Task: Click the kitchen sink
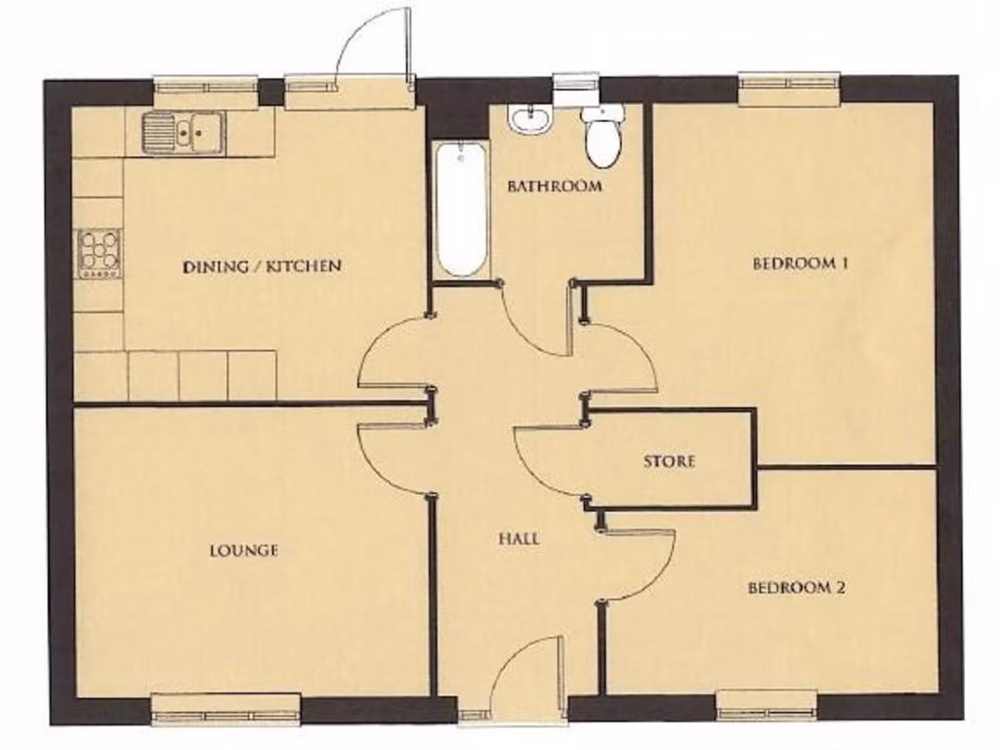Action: [183, 133]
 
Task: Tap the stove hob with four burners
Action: [99, 254]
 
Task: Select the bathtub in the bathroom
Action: [460, 210]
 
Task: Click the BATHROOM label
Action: [555, 186]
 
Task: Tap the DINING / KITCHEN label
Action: [262, 266]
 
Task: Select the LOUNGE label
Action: [244, 551]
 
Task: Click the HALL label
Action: [519, 538]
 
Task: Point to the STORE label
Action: [669, 461]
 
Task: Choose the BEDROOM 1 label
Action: [800, 263]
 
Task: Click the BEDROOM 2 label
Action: [797, 588]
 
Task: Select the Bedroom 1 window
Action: [789, 89]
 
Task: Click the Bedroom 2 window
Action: [767, 705]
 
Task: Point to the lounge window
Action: [227, 708]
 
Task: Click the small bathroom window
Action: [576, 89]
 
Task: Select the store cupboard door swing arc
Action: [547, 459]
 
